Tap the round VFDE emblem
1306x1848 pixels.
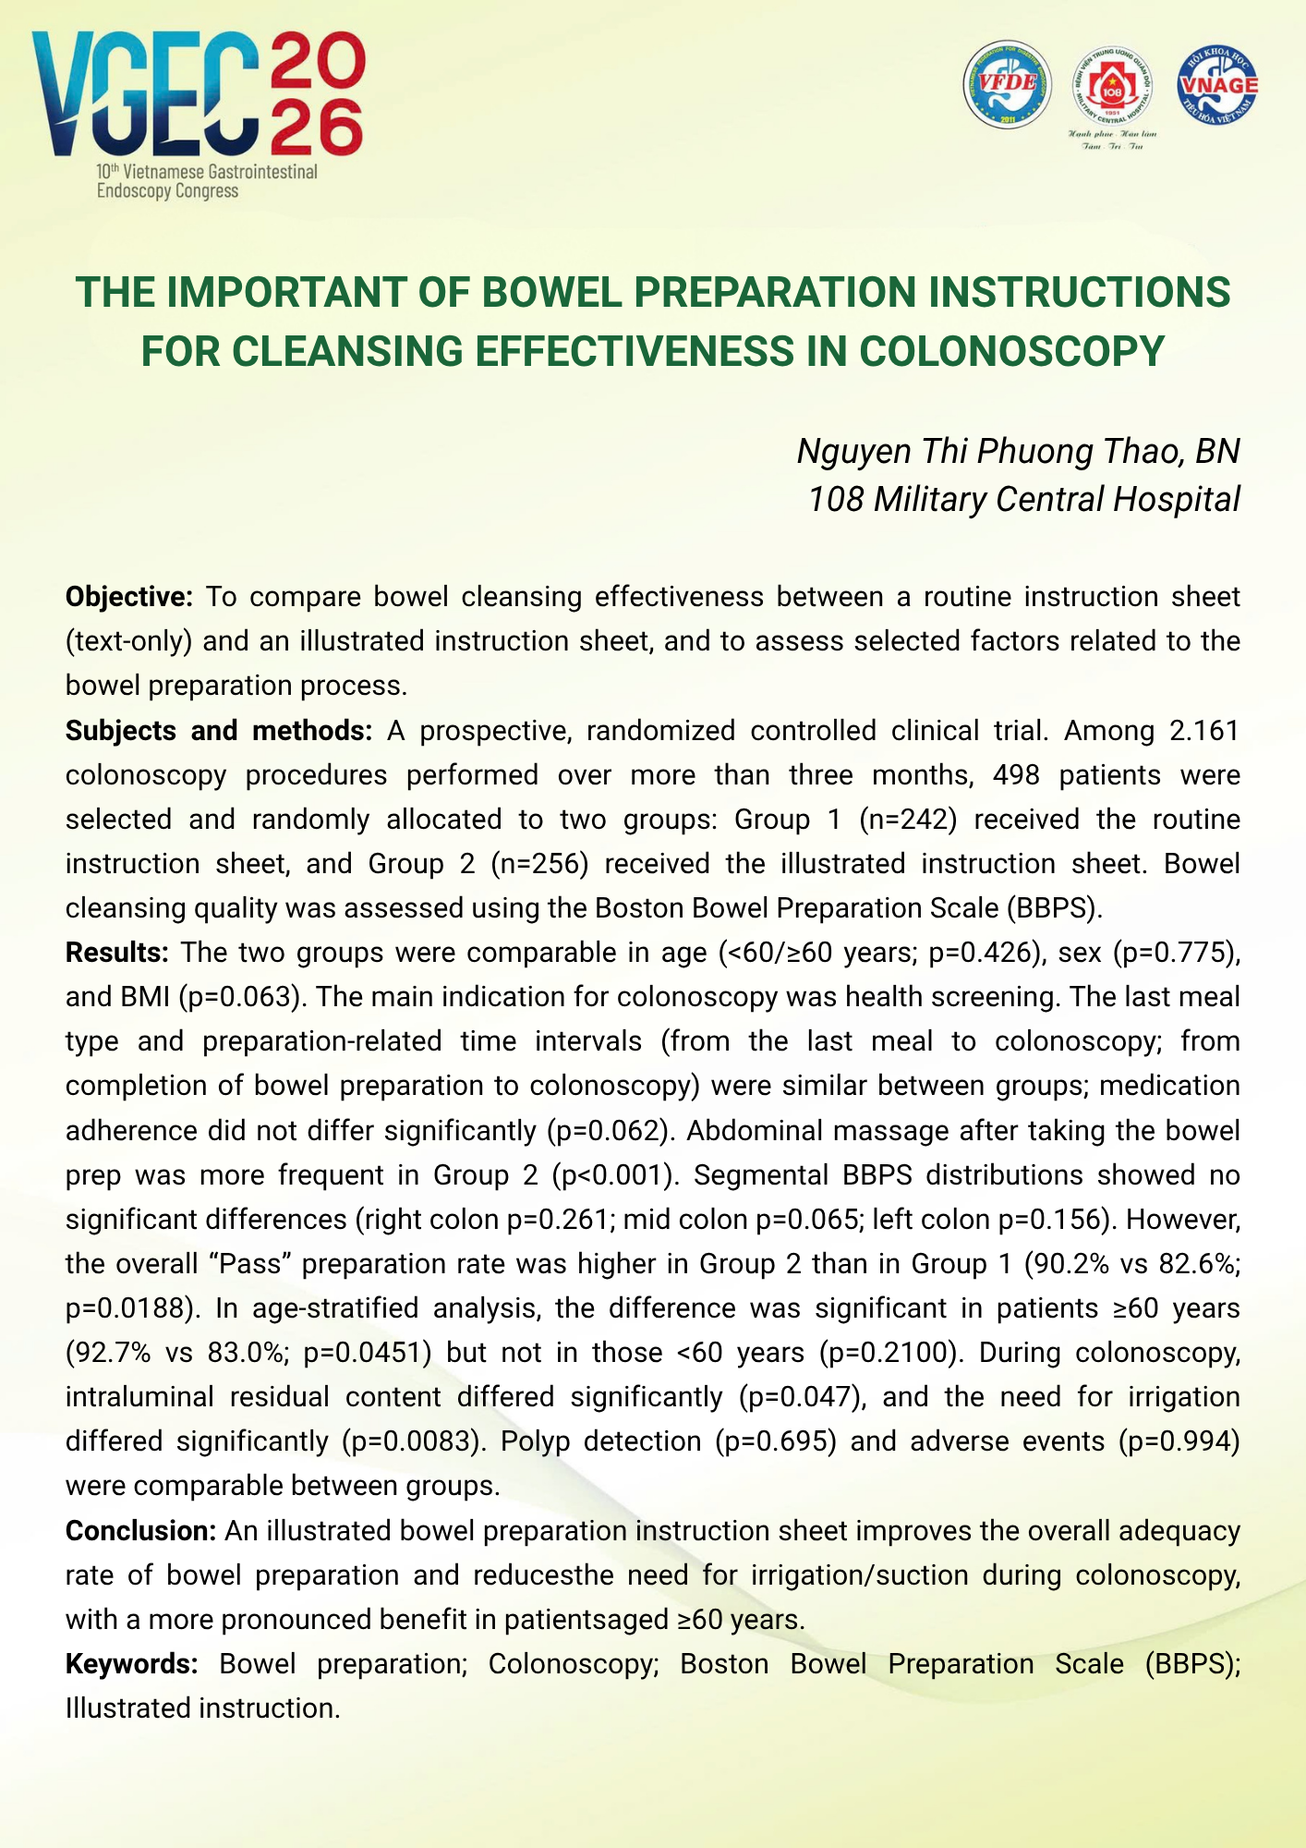(1007, 84)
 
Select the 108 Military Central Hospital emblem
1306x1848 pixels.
(1112, 88)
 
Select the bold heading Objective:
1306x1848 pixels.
(128, 597)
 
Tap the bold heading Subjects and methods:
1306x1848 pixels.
(218, 731)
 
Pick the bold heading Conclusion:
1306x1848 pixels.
(140, 1531)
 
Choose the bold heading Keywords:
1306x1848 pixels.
(132, 1664)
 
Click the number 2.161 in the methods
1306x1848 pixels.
(1203, 731)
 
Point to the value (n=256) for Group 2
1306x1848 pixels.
(539, 864)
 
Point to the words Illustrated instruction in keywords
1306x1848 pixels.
(202, 1708)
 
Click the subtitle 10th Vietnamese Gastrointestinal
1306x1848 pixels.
(207, 172)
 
